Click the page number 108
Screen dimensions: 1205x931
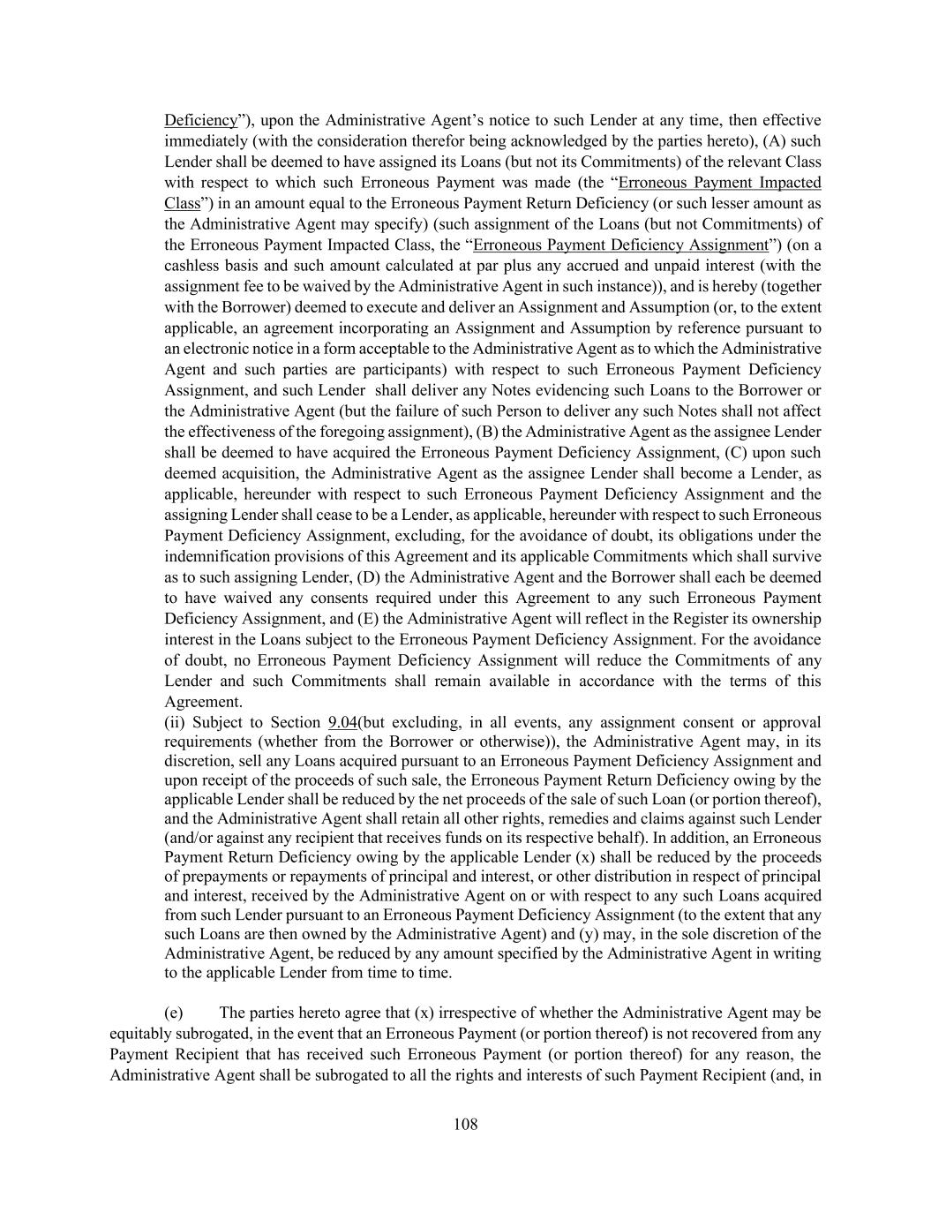click(465, 1124)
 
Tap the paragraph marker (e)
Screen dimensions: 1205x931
click(174, 1012)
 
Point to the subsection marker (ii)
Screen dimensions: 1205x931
click(175, 722)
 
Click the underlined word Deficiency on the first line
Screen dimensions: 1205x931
click(200, 120)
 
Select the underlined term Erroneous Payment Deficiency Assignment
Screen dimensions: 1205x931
click(620, 245)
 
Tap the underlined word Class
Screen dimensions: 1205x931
click(182, 203)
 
